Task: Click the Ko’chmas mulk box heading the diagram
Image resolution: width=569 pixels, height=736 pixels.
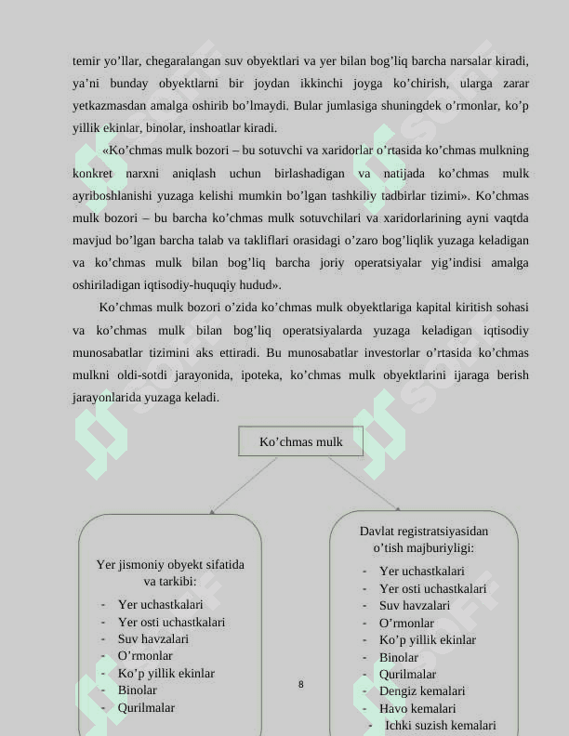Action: pos(300,441)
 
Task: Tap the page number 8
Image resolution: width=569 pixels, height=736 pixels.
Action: pos(300,685)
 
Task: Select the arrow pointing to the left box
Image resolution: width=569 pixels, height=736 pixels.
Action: pos(244,484)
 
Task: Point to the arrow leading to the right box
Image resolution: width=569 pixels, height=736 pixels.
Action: pos(364,483)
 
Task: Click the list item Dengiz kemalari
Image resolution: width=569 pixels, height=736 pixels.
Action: pos(421,691)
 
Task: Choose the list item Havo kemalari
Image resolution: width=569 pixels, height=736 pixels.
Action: pos(417,708)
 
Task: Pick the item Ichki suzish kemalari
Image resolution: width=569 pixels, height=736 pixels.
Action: pos(440,725)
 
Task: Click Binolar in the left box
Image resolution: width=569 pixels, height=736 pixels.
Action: pos(137,690)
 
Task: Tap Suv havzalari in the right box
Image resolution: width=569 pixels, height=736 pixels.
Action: pos(414,606)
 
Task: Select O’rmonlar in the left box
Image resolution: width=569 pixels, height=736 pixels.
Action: pos(144,656)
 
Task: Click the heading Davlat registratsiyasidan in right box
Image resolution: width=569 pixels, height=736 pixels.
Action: pos(423,532)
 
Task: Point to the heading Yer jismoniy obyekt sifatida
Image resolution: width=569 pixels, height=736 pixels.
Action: pos(170,564)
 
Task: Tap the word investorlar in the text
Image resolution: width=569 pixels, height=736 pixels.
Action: pos(414,354)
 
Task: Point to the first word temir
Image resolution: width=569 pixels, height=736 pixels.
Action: pos(87,61)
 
